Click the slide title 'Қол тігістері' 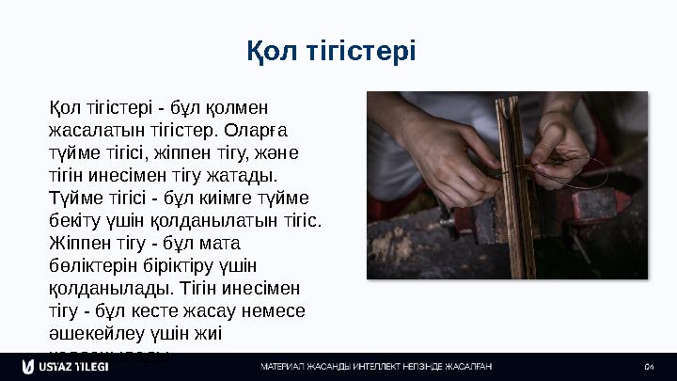coord(338,49)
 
